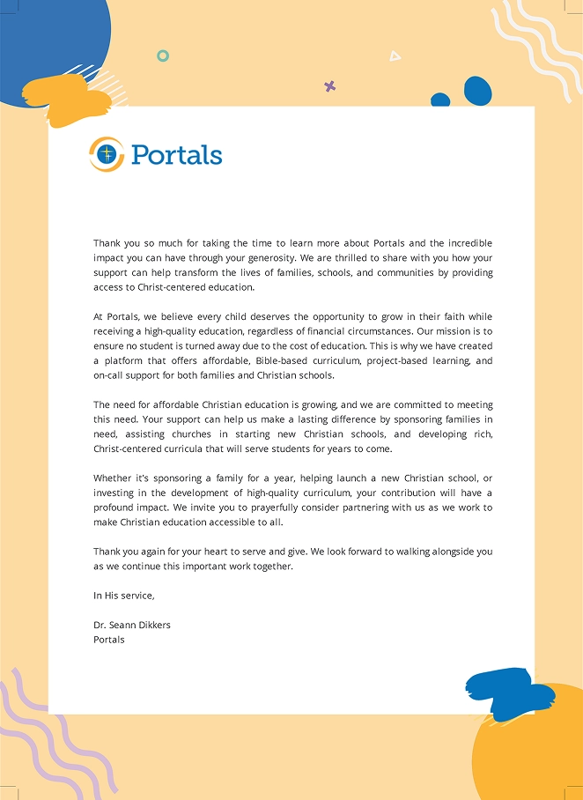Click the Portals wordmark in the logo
tap(176, 154)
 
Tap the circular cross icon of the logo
tap(107, 154)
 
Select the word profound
tap(115, 507)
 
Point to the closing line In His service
tap(123, 596)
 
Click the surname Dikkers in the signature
tap(151, 625)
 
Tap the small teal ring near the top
tap(163, 56)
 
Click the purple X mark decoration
tap(330, 86)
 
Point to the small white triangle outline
tap(395, 56)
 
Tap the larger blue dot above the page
tap(477, 90)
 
